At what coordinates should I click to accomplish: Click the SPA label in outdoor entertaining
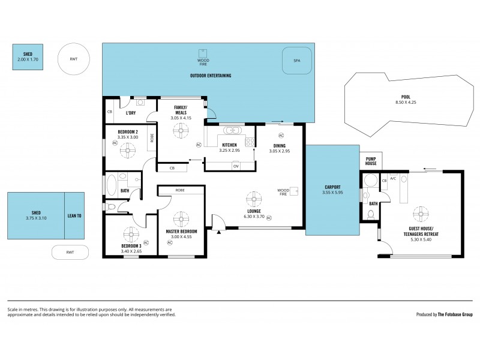(x=296, y=61)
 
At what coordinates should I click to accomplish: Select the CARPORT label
(x=331, y=188)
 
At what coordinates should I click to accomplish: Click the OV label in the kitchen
(x=236, y=166)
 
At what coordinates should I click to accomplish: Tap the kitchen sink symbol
(x=231, y=131)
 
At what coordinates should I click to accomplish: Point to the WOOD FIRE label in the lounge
(x=283, y=193)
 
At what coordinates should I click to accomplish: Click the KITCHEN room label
(x=230, y=145)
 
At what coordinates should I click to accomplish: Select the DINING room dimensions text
(x=280, y=151)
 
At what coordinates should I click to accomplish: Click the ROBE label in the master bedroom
(x=180, y=190)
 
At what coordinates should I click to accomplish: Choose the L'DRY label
(x=130, y=112)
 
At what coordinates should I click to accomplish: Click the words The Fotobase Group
(x=454, y=314)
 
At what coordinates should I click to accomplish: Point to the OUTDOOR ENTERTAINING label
(x=211, y=76)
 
